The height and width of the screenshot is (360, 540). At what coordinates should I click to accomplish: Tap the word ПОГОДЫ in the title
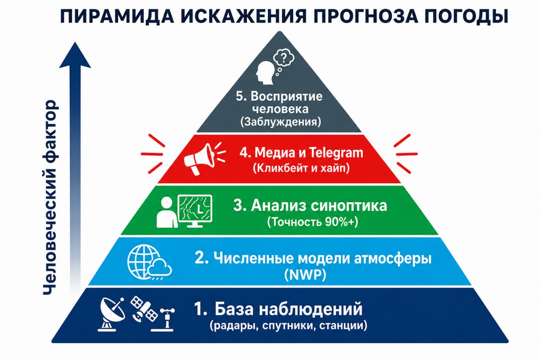[x=466, y=16]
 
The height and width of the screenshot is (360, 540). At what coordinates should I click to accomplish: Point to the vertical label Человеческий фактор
[x=50, y=197]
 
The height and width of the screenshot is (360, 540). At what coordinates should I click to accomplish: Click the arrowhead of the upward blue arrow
[x=75, y=55]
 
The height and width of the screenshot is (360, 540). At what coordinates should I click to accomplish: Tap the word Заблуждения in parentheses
[x=281, y=122]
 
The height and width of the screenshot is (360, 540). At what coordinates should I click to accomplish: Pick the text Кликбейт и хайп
[x=301, y=168]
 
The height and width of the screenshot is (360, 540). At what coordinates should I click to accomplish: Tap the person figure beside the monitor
[x=167, y=212]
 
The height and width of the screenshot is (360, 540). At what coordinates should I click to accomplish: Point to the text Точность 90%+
[x=313, y=222]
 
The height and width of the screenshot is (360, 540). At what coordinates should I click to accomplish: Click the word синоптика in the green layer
[x=348, y=206]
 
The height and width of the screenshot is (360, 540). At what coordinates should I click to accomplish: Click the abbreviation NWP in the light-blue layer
[x=305, y=274]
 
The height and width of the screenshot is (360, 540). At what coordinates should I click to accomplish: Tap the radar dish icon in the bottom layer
[x=112, y=314]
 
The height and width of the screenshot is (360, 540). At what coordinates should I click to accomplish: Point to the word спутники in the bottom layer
[x=288, y=326]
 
